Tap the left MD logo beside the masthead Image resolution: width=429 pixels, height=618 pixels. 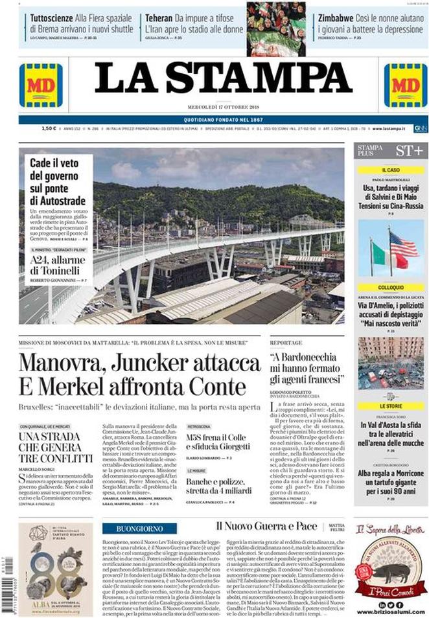click(x=41, y=85)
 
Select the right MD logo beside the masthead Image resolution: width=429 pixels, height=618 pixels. click(x=405, y=85)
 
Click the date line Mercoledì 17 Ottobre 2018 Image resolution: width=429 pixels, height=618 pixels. click(x=224, y=107)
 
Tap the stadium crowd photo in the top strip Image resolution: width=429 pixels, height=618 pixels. click(x=276, y=29)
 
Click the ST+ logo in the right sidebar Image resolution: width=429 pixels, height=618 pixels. click(x=408, y=152)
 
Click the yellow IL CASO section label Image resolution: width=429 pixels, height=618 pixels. click(x=390, y=170)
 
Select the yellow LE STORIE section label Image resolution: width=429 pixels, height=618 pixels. click(x=390, y=406)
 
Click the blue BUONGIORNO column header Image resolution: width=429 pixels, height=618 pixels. click(x=139, y=529)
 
